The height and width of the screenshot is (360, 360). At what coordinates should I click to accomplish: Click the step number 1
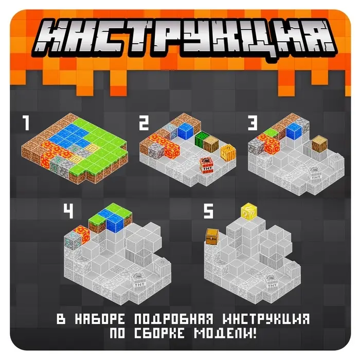24,124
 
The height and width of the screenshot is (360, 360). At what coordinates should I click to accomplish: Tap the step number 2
144,124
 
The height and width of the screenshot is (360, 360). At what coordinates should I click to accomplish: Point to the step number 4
68,211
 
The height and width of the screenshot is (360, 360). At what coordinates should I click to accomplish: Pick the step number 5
208,211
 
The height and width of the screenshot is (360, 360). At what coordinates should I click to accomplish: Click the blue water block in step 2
185,131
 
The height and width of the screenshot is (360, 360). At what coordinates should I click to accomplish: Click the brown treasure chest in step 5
212,237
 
